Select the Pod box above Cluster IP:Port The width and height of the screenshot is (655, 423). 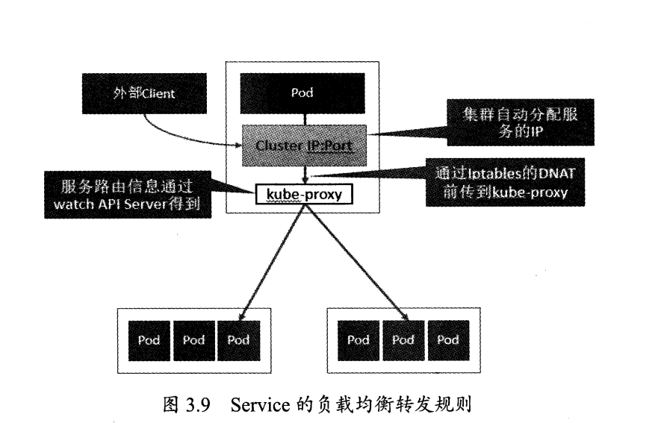tap(302, 93)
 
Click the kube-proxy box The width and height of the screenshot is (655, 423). tap(303, 195)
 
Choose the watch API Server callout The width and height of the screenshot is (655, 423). tap(126, 196)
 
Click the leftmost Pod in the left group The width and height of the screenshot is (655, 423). tap(149, 340)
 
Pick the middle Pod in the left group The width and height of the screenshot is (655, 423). tap(193, 340)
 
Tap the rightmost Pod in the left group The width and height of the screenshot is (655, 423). tap(238, 340)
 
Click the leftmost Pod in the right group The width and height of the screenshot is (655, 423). tap(358, 340)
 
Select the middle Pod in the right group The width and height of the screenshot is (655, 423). tap(403, 340)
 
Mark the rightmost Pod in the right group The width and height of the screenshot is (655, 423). tap(448, 340)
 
